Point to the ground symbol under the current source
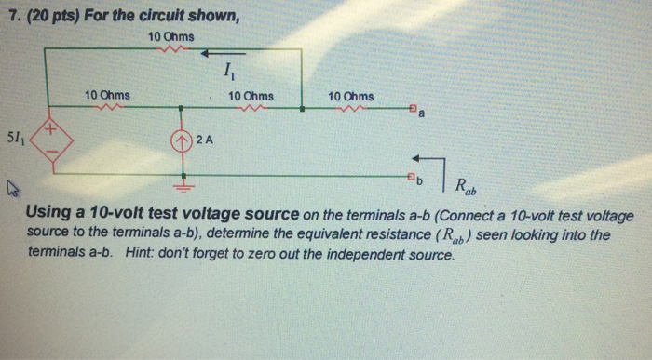pos(184,180)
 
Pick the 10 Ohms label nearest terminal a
pos(351,96)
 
